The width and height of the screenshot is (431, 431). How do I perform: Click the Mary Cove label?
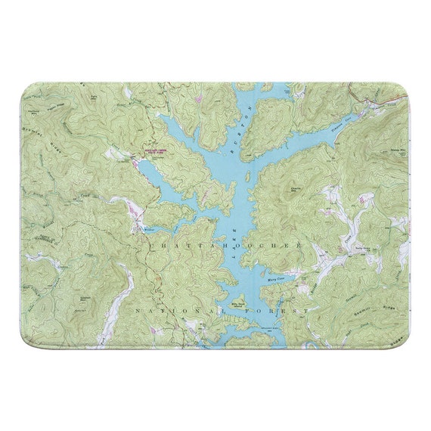click(x=277, y=279)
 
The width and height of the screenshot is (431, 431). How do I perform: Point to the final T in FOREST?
click(x=305, y=311)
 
